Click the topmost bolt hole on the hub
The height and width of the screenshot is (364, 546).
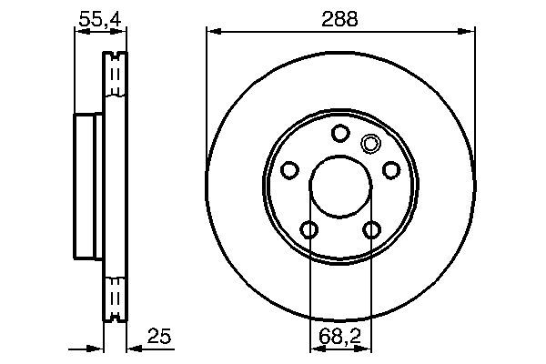coord(340,134)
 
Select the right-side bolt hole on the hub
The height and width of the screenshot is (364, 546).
coord(390,170)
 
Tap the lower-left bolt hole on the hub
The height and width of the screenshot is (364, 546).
coord(310,229)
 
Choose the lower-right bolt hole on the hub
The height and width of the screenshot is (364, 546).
coord(371,229)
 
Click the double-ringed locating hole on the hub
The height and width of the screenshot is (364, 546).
coord(370,143)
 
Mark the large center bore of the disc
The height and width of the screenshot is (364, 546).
coord(340,187)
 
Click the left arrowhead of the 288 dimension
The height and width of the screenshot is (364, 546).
coord(213,32)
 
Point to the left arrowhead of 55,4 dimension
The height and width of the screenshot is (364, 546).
coord(79,32)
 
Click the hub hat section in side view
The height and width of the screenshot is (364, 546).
coord(89,186)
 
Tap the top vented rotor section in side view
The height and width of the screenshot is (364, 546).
coord(115,77)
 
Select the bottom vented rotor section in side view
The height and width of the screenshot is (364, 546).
coord(115,296)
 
